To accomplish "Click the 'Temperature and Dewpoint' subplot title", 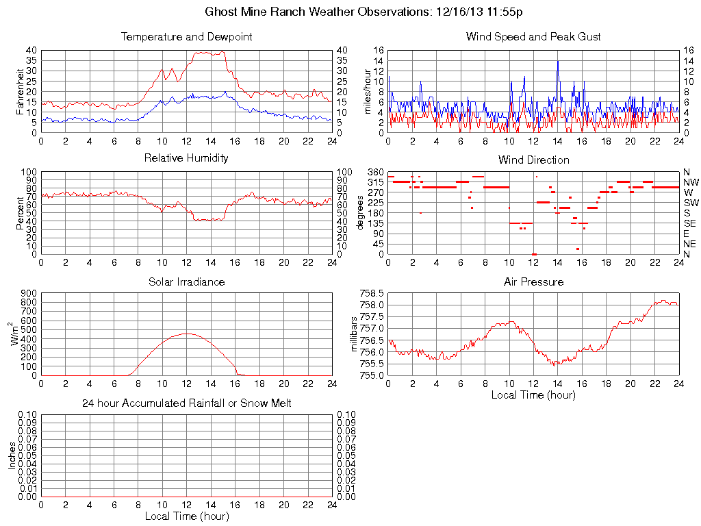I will [x=186, y=36].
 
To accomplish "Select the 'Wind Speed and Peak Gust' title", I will [x=533, y=36].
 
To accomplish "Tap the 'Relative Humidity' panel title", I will [x=186, y=158].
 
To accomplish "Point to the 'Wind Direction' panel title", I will [x=533, y=160].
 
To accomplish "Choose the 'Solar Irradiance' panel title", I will [x=186, y=281].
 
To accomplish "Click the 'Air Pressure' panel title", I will [x=533, y=281].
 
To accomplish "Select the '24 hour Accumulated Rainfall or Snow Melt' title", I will [x=186, y=403].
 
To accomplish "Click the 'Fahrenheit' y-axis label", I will [x=21, y=91].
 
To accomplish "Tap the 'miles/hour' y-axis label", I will [x=368, y=91].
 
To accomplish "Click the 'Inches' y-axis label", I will [x=12, y=455].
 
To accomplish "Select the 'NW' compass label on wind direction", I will [x=691, y=182].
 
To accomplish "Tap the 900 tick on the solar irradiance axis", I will [x=28, y=293].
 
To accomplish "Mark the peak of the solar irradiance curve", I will [x=186, y=334].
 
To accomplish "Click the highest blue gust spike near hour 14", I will [x=558, y=61].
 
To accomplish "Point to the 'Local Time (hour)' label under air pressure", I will [x=533, y=394].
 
